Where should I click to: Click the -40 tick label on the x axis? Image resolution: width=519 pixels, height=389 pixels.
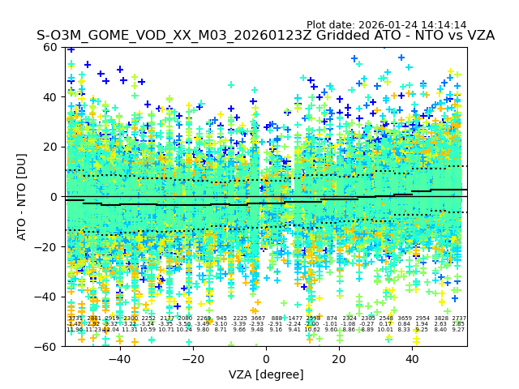(x=119, y=359)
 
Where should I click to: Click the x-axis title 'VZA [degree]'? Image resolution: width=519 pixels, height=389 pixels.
(x=266, y=374)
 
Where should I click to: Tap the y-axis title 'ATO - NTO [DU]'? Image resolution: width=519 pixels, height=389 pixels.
(x=23, y=197)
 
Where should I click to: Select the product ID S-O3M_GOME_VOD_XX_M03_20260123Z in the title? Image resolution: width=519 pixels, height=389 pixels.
(x=158, y=36)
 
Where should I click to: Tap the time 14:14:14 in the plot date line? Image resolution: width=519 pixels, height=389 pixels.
(x=444, y=25)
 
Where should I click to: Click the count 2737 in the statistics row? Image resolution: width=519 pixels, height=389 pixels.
(x=459, y=319)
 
